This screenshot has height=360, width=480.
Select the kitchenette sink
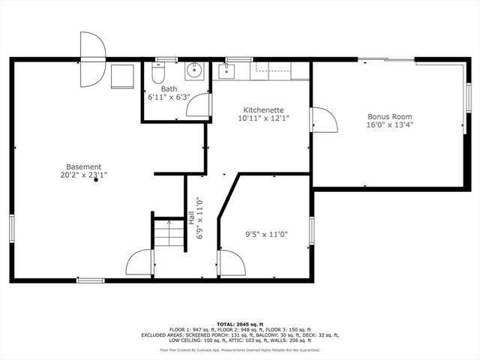click(x=226, y=72)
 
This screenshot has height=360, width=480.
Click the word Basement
click(x=83, y=166)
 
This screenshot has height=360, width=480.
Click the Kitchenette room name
click(x=262, y=109)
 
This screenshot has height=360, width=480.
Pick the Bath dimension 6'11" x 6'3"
click(x=169, y=97)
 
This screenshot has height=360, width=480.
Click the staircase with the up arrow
click(x=169, y=232)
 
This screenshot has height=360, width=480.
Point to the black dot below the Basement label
click(x=96, y=180)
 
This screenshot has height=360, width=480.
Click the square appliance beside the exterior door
click(x=121, y=76)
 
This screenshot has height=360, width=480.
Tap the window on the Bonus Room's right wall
click(x=468, y=97)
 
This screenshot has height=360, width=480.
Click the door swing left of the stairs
click(x=140, y=263)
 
